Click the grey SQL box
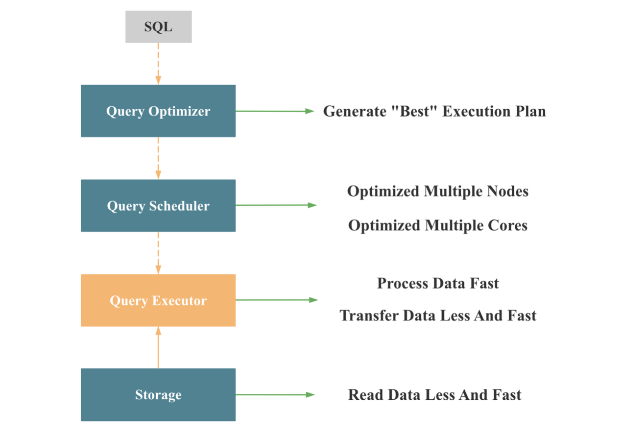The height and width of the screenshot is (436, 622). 158,27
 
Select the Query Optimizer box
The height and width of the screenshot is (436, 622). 158,111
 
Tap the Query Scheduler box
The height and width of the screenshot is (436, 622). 158,206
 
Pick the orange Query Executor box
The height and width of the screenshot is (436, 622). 158,300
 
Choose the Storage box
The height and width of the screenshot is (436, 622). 158,395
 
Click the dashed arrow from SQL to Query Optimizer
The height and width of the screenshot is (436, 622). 158,64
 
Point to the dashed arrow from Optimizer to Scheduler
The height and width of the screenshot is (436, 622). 158,158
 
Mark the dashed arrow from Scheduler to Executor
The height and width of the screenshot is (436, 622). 158,252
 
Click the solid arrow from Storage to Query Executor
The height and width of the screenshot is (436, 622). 158,347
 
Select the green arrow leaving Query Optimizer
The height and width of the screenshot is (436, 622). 274,111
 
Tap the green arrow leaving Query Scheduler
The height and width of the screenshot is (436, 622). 276,205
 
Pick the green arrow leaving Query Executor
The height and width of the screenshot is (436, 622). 276,300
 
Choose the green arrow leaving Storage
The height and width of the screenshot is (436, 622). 274,394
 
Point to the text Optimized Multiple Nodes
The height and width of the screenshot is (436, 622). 438,191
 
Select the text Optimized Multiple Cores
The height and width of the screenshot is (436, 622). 438,225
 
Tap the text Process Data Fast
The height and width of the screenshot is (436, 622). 438,283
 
